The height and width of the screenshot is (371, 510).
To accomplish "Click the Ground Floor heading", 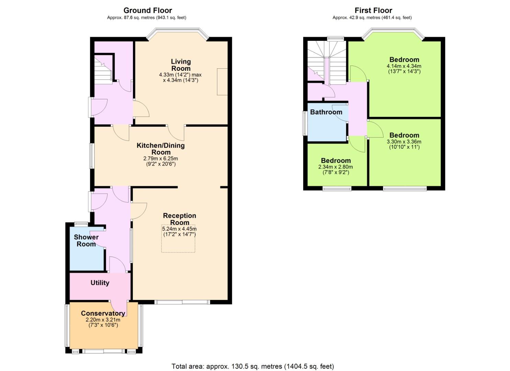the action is click(148, 10).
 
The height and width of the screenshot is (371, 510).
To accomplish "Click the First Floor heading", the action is click(373, 10).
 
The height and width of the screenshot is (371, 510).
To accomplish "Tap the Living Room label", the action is click(181, 65).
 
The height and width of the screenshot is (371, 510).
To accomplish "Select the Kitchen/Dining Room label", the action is click(161, 149).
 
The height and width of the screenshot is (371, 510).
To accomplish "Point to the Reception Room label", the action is click(180, 219).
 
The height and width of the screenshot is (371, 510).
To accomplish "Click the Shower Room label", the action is click(86, 240).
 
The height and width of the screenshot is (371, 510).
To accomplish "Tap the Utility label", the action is click(100, 283).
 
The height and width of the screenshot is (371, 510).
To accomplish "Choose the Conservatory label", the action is click(103, 313).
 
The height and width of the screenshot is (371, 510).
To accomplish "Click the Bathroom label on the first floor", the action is click(326, 112).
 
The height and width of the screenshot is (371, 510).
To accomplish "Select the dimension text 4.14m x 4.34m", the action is click(404, 66).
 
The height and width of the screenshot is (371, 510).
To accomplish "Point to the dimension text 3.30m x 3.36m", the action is click(404, 142).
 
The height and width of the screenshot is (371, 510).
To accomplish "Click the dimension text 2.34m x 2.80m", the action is click(336, 167).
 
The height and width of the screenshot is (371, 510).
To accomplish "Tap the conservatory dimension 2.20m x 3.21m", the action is click(103, 320).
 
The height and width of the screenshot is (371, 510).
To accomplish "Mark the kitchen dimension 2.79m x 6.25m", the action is click(161, 158).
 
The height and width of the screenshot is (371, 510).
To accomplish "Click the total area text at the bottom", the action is click(253, 360).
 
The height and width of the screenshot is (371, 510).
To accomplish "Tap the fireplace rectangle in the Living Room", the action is click(222, 81).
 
